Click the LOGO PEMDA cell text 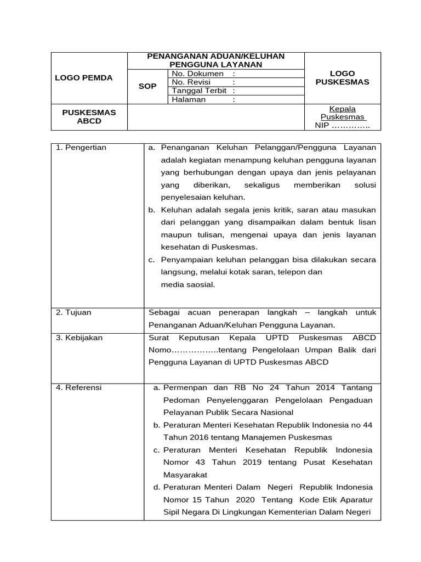click(84, 78)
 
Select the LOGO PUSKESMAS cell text click(343, 77)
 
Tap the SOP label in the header click(147, 87)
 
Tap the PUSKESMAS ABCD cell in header click(89, 116)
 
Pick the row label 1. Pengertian click(81, 148)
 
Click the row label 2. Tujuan click(74, 312)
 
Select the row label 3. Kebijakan click(79, 338)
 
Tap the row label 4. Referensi click(79, 387)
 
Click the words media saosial click(188, 284)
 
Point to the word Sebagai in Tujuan click(164, 312)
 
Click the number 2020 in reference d click(246, 500)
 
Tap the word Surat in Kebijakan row click(160, 338)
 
